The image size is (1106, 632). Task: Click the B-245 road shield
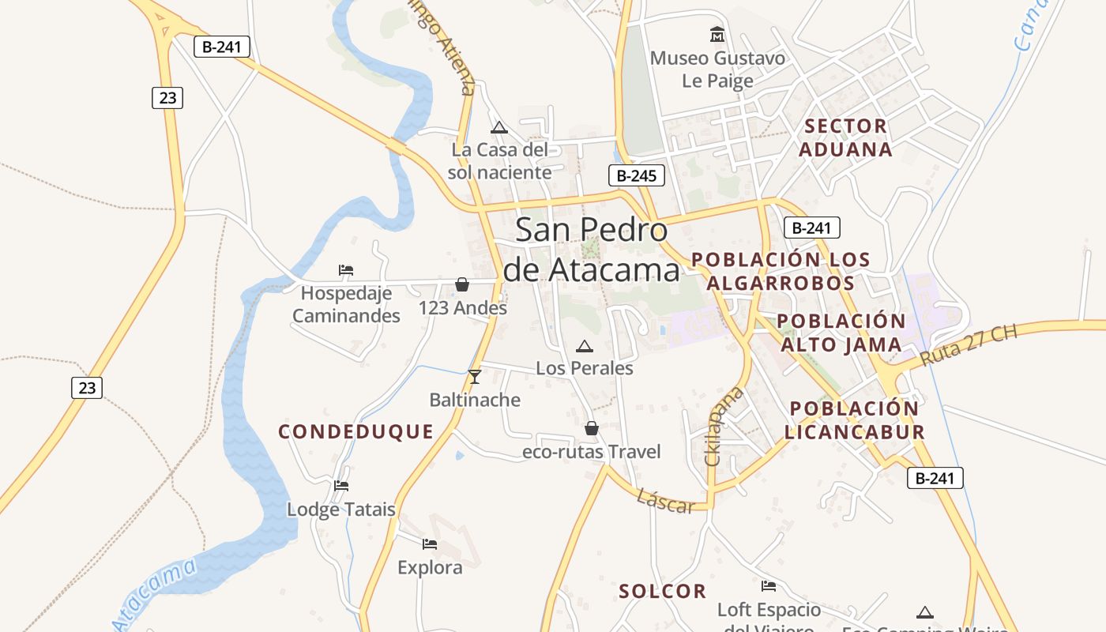636,175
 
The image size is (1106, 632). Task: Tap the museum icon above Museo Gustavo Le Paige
717,35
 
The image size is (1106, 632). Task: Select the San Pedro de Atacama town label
591,250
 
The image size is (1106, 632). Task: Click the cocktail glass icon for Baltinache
475,377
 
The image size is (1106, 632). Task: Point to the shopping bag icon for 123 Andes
462,284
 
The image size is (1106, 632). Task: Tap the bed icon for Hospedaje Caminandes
345,270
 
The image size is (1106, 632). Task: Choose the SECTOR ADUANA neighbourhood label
845,137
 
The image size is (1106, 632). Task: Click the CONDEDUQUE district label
355,431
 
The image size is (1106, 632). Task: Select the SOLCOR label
662,591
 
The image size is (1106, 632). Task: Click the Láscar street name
665,501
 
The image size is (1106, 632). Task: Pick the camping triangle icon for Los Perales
584,346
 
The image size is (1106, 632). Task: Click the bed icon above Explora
430,544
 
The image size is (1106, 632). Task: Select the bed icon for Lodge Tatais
341,485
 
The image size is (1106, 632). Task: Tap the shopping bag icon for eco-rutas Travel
591,428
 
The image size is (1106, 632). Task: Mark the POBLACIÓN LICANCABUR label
854,420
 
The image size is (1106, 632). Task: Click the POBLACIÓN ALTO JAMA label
841,333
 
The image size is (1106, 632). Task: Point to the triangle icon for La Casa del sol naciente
498,127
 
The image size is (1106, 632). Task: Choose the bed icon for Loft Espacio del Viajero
768,586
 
